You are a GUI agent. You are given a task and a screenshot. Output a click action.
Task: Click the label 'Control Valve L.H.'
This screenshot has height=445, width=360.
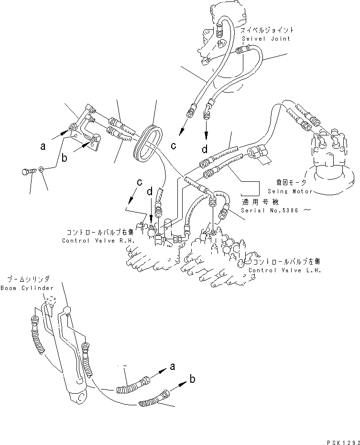285,270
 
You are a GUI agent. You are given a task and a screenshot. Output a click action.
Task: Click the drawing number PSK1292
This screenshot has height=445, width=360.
342,440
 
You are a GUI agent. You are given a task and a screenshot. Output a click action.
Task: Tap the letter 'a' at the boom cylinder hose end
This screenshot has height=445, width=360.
172,367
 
